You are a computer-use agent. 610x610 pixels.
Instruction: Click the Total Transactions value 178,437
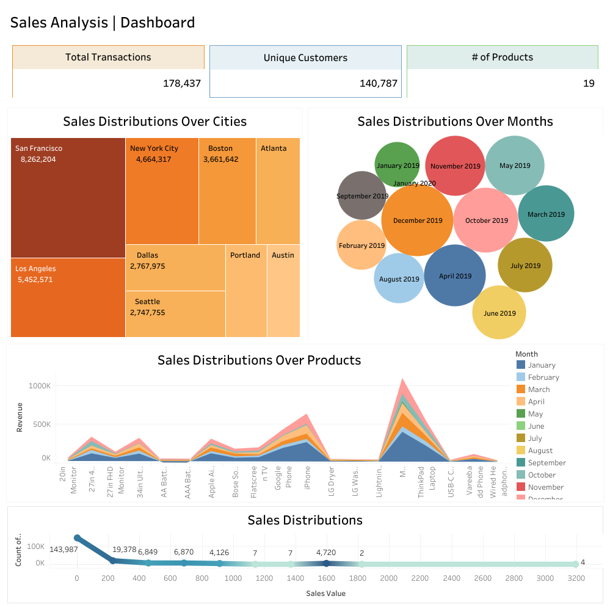pyautogui.click(x=181, y=84)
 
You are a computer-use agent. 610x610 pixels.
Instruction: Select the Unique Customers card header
pyautogui.click(x=305, y=58)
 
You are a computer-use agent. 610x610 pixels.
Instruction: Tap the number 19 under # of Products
pyautogui.click(x=588, y=84)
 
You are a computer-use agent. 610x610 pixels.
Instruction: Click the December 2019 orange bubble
pyautogui.click(x=418, y=220)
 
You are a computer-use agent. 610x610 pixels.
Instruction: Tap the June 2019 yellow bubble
pyautogui.click(x=499, y=313)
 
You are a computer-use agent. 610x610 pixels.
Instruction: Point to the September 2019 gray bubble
pyautogui.click(x=362, y=195)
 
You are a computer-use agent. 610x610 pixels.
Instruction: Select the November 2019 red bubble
pyautogui.click(x=455, y=166)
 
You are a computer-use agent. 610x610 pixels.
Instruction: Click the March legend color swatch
pyautogui.click(x=521, y=390)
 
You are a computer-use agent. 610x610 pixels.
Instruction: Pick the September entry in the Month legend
pyautogui.click(x=546, y=463)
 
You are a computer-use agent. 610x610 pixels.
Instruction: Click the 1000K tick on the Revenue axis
pyautogui.click(x=39, y=386)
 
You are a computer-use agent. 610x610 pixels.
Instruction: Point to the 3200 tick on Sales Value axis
pyautogui.click(x=575, y=578)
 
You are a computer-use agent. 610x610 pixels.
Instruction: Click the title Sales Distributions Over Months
pyautogui.click(x=455, y=122)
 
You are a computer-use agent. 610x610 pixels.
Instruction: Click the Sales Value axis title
pyautogui.click(x=325, y=593)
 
